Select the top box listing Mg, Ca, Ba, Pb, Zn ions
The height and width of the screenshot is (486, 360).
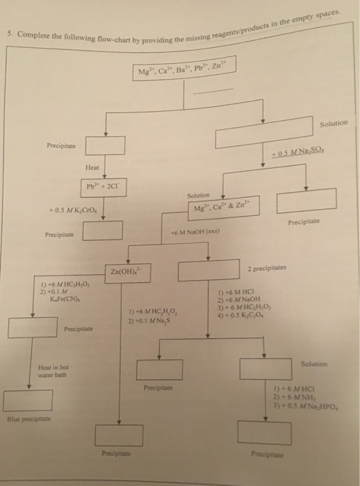tap(184, 71)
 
